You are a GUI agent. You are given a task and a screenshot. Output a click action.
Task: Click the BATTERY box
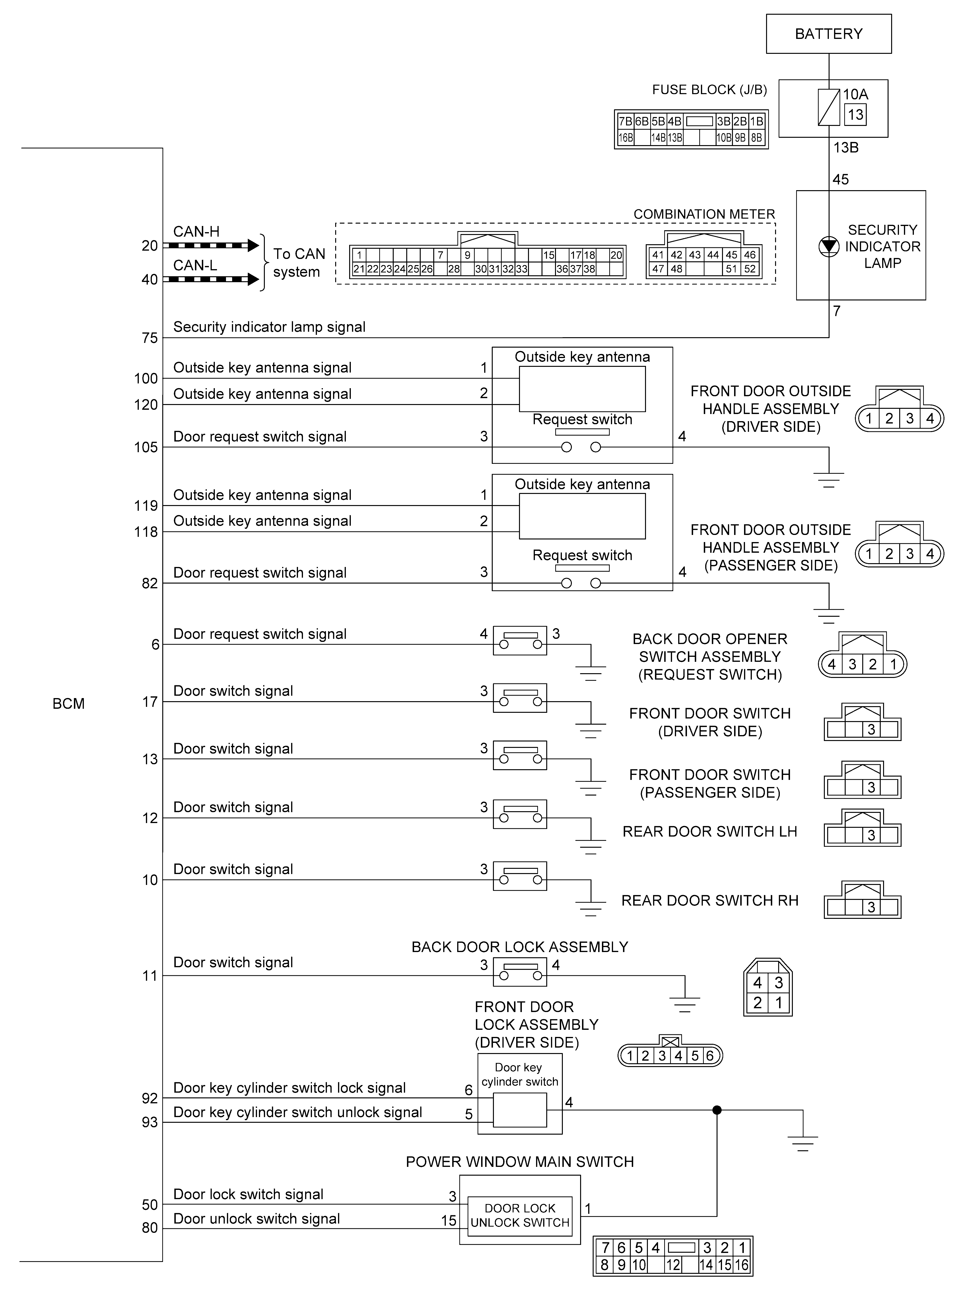828,34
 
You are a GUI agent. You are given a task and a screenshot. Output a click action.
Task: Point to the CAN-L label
195,266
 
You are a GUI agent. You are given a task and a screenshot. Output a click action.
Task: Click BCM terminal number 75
149,338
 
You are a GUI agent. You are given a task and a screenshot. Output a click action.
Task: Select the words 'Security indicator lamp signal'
269,327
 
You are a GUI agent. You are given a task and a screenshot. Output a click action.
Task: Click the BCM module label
68,704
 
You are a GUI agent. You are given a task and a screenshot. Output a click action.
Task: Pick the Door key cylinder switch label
520,1074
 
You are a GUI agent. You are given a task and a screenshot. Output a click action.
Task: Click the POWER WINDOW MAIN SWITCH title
520,1162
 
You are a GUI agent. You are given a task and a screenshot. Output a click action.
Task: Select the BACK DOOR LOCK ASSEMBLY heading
520,947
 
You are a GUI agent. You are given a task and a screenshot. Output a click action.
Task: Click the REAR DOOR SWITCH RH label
710,900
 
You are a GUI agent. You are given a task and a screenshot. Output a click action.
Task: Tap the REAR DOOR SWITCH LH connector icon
862,829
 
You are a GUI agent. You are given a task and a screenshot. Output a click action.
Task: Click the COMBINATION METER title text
704,215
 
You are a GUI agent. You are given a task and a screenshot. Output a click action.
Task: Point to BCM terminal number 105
146,447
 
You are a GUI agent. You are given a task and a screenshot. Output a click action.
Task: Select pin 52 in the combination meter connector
750,269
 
